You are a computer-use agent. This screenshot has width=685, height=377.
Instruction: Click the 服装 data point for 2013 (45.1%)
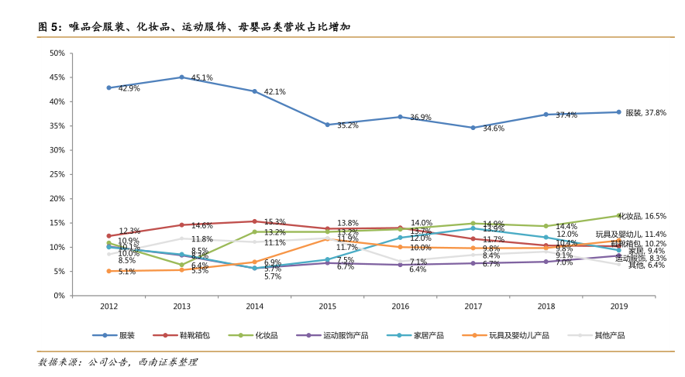pos(181,77)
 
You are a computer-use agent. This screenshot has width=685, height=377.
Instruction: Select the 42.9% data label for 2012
pos(129,89)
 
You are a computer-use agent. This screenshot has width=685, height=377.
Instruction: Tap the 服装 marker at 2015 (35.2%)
pos(327,125)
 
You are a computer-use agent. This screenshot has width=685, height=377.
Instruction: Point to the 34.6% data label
pos(494,129)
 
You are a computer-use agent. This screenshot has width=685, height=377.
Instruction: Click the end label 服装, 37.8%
pos(645,112)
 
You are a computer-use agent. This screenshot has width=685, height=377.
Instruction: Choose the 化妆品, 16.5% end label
pos(645,216)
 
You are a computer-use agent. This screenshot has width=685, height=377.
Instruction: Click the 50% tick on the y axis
pos(57,53)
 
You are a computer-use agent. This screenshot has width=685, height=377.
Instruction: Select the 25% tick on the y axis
pos(57,174)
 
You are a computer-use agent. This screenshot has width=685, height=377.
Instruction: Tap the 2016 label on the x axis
pos(400,307)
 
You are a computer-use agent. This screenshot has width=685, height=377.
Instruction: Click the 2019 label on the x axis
pos(618,307)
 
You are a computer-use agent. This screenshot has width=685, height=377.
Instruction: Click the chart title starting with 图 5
pos(194,27)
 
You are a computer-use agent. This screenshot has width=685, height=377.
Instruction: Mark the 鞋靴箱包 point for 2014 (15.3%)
pos(254,221)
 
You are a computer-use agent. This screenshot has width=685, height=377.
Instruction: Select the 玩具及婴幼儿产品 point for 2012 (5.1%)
pos(108,271)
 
